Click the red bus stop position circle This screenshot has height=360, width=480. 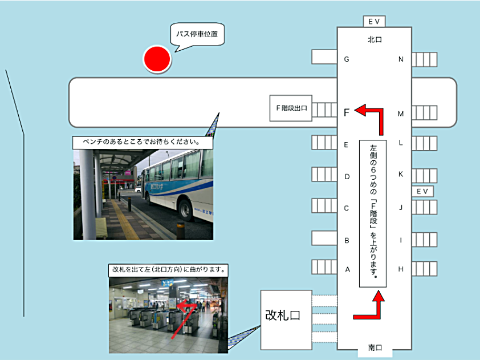(x=157, y=59)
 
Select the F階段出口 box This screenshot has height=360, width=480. (x=291, y=108)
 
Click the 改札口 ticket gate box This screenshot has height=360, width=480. (x=286, y=320)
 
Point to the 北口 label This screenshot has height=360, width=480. (x=375, y=39)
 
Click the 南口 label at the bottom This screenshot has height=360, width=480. (x=375, y=348)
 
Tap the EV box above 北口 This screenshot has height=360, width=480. (x=374, y=22)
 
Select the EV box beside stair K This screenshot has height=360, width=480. (x=422, y=192)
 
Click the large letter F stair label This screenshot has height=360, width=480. (x=347, y=112)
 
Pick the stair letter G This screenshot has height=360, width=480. (x=347, y=59)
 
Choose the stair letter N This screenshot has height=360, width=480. (x=401, y=59)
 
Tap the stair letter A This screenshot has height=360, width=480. (x=347, y=269)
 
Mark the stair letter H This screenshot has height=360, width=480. (x=401, y=269)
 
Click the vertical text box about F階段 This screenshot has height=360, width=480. (x=373, y=213)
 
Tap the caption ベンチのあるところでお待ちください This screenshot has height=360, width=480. (x=143, y=143)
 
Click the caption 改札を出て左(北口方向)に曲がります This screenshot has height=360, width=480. (x=168, y=270)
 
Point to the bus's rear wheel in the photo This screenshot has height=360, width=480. (x=185, y=209)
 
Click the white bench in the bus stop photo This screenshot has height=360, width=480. (x=101, y=228)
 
